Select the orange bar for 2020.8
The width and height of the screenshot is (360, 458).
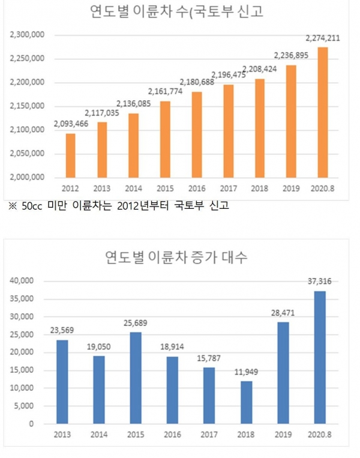(323, 112)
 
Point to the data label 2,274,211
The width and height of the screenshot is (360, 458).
(322, 38)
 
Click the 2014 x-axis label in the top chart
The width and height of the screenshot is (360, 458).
(133, 188)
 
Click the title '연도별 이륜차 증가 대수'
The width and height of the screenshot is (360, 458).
(176, 258)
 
